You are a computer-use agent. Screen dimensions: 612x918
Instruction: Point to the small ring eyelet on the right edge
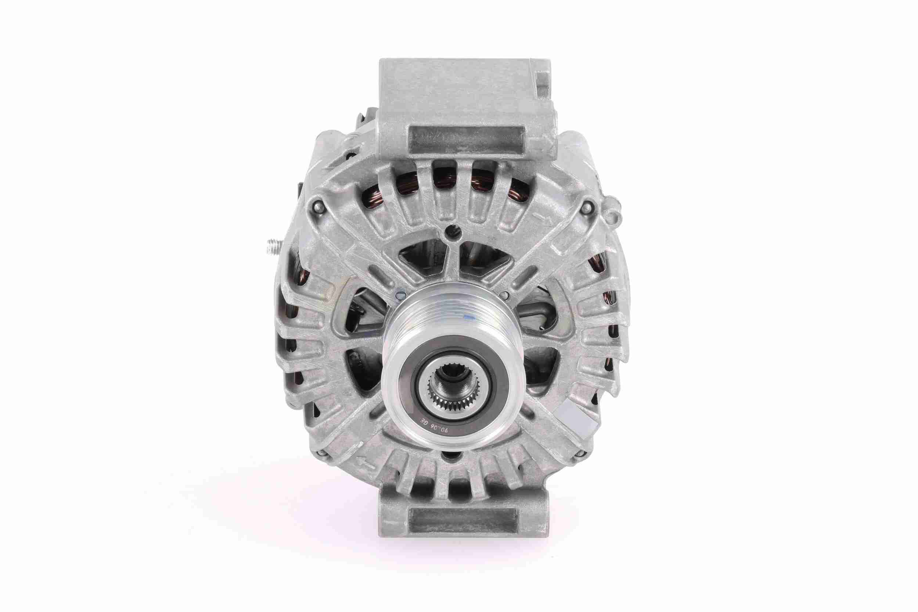pyautogui.click(x=616, y=213)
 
